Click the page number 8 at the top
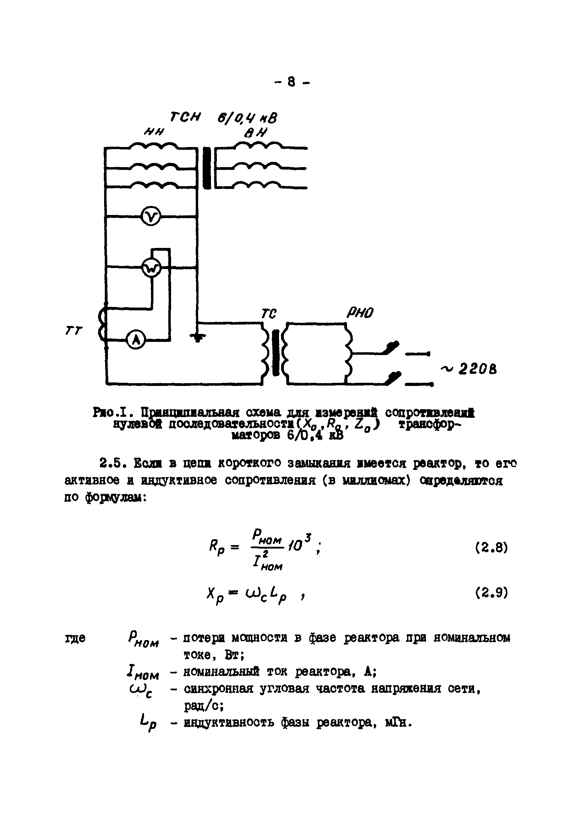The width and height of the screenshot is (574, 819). tap(292, 83)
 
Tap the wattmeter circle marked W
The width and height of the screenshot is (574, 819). tap(151, 268)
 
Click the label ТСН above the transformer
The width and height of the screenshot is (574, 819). tap(185, 117)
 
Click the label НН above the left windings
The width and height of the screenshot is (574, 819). tap(153, 132)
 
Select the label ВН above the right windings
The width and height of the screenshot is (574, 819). tap(255, 133)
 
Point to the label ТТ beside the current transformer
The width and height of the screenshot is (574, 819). tap(74, 331)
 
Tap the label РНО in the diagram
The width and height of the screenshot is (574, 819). tap(360, 313)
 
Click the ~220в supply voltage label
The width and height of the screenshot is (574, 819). tap(469, 369)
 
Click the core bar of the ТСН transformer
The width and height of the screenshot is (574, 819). tap(207, 168)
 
